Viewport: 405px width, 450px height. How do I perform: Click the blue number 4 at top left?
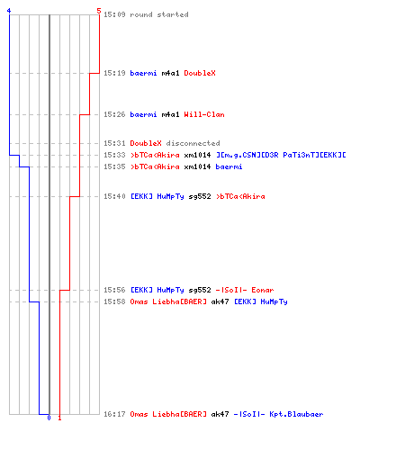[9, 11]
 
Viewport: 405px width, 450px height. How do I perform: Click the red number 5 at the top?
[99, 11]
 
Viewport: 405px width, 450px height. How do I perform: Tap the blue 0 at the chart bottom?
[49, 418]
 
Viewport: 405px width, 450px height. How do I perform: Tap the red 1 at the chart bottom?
[59, 418]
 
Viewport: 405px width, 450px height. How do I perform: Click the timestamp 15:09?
[114, 14]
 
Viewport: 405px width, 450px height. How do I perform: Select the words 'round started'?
[159, 14]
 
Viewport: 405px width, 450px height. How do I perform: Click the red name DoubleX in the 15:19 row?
[200, 73]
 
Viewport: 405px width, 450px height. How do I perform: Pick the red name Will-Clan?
[204, 114]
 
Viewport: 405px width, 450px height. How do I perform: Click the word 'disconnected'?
[193, 143]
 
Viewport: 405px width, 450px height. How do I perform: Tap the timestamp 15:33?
[114, 155]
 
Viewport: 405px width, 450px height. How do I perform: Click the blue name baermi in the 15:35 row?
[229, 166]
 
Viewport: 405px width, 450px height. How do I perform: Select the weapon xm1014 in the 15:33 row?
[197, 155]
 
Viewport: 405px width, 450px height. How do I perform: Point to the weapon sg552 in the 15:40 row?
[200, 196]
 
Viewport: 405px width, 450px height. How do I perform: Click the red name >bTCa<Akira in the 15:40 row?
[240, 196]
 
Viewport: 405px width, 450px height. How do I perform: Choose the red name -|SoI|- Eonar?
[245, 290]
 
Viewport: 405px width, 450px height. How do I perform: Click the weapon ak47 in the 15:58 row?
[220, 301]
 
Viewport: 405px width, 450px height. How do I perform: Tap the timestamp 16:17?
[114, 414]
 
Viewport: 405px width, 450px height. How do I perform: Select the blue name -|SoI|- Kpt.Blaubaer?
[278, 414]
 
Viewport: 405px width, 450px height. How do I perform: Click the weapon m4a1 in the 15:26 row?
[170, 114]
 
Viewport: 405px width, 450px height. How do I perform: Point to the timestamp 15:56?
[114, 290]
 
